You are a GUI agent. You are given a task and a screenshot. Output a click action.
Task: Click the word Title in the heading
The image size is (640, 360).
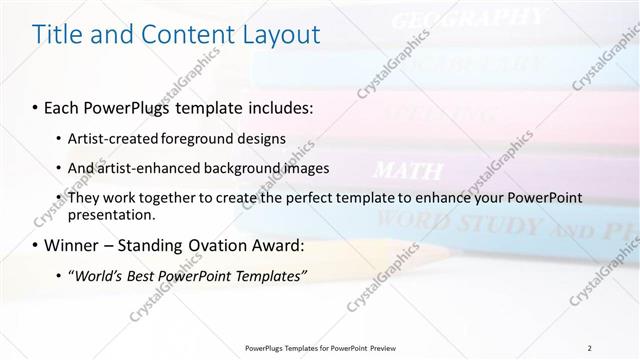click(59, 35)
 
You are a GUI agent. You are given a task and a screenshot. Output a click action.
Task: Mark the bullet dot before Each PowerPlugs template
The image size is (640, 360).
click(36, 105)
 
